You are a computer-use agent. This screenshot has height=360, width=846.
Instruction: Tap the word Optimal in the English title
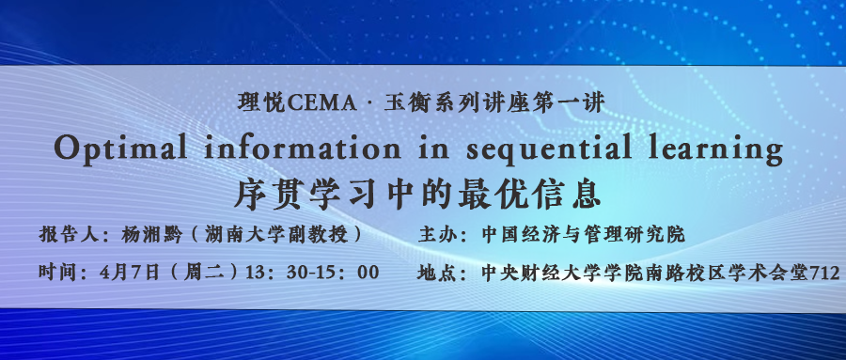tap(121, 148)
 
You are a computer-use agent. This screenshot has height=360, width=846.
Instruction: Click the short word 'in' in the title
tap(433, 148)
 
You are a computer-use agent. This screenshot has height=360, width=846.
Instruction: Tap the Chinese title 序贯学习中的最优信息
tap(417, 195)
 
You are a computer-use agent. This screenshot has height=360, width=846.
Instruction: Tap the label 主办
tap(436, 235)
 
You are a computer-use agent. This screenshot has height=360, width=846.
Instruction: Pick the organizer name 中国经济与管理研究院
tap(583, 235)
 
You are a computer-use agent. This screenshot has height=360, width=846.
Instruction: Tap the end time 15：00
tap(350, 273)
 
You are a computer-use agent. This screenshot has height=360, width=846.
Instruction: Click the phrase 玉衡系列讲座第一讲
tap(494, 102)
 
